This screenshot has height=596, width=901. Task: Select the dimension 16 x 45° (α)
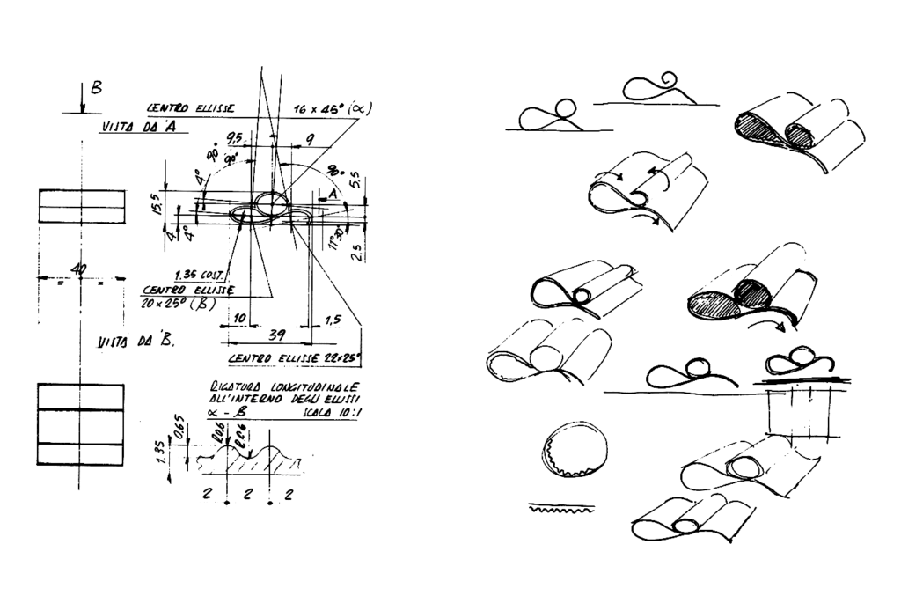(x=333, y=110)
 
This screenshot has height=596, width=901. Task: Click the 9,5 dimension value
(x=235, y=137)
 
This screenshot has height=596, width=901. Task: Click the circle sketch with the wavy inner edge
(x=574, y=449)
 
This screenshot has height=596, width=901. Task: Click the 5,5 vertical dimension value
(x=355, y=180)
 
